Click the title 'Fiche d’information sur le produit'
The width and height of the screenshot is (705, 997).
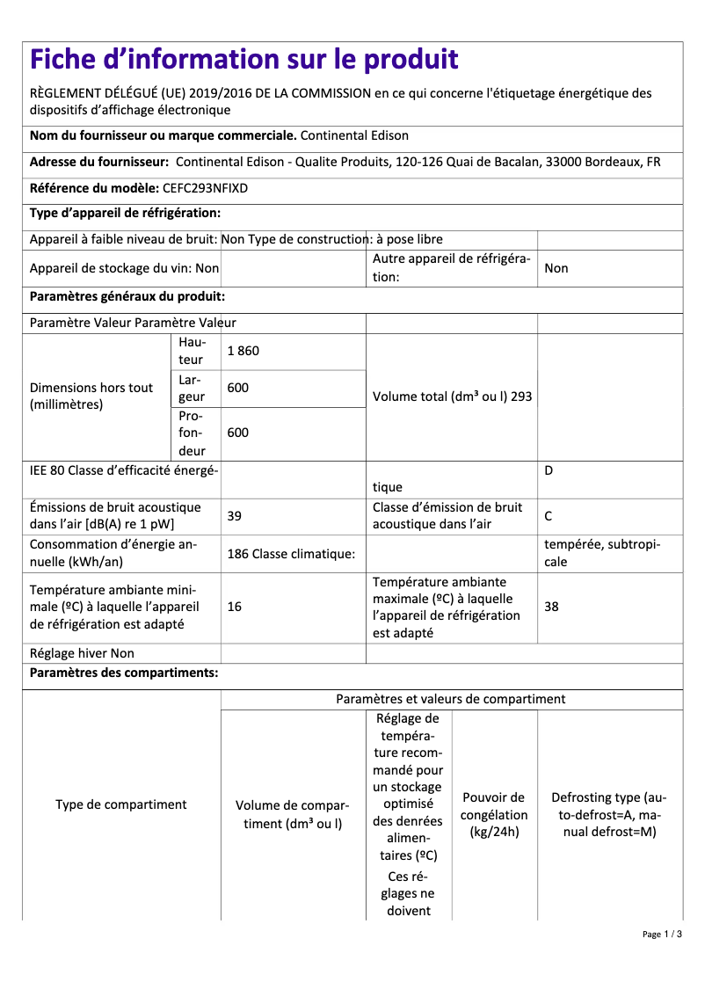click(x=243, y=60)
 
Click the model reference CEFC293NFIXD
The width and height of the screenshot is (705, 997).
click(x=206, y=188)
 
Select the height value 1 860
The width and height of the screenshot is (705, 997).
click(x=243, y=351)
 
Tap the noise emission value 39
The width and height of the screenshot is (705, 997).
click(x=234, y=516)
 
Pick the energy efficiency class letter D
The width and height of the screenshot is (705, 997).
click(x=549, y=470)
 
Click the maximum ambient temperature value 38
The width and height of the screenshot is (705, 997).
click(x=551, y=607)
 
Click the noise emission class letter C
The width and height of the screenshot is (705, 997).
click(x=549, y=516)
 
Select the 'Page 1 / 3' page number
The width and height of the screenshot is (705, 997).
click(x=662, y=934)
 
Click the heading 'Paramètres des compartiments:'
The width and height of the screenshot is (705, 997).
click(x=124, y=673)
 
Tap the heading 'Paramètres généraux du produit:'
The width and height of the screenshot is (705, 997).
click(x=127, y=297)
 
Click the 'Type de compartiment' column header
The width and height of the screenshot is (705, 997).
click(x=121, y=804)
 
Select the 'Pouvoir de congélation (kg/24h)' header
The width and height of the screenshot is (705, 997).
click(x=494, y=814)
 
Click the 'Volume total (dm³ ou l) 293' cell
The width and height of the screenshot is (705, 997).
click(x=452, y=397)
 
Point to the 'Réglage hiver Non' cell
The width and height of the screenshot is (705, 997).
click(x=82, y=653)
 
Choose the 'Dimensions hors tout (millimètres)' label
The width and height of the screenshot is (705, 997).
click(x=91, y=397)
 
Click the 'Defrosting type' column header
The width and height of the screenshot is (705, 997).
click(x=608, y=814)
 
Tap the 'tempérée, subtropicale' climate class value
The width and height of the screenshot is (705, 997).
click(x=602, y=553)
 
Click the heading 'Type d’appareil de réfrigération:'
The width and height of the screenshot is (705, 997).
click(x=125, y=214)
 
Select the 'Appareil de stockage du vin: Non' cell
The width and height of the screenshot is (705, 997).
click(x=124, y=269)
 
